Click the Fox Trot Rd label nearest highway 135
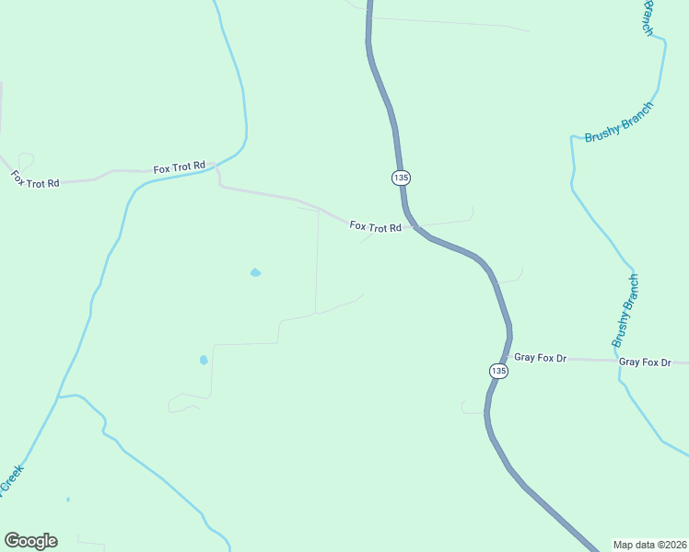pyautogui.click(x=376, y=226)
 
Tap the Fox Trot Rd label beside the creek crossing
pyautogui.click(x=179, y=168)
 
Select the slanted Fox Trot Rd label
pyautogui.click(x=35, y=179)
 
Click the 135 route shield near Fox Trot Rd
pyautogui.click(x=400, y=177)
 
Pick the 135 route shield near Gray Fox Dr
pyautogui.click(x=497, y=370)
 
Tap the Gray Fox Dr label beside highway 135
pyautogui.click(x=540, y=357)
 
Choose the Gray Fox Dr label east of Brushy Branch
pyautogui.click(x=645, y=362)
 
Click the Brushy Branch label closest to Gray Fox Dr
pyautogui.click(x=625, y=311)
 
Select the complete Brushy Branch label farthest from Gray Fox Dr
pyautogui.click(x=618, y=122)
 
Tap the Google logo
pyautogui.click(x=30, y=541)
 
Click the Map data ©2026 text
pyautogui.click(x=650, y=545)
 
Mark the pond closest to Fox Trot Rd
pyautogui.click(x=255, y=272)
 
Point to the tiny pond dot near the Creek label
pyautogui.click(x=68, y=500)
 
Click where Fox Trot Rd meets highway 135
pyautogui.click(x=414, y=225)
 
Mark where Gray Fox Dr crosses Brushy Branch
pyautogui.click(x=615, y=362)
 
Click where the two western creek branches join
pyautogui.click(x=58, y=397)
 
